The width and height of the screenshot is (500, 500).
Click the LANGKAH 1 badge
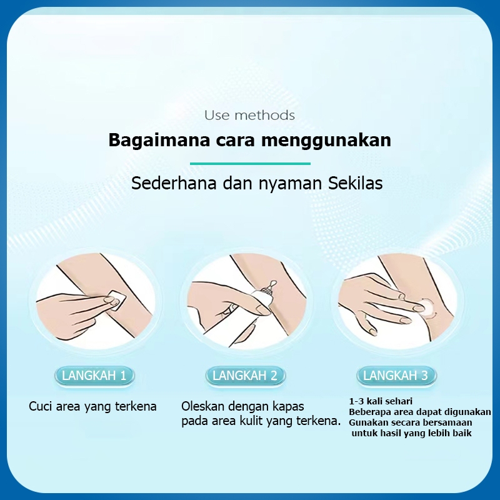94,376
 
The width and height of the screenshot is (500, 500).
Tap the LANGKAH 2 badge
245,376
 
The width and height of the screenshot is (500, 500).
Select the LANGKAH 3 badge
396,376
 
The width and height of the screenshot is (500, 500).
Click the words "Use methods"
249,115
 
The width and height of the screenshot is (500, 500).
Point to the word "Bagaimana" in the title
159,140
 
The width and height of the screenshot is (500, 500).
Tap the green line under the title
250,164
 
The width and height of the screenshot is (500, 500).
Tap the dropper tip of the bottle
273,283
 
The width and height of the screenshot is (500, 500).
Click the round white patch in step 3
425,307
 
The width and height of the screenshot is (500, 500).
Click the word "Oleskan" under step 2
202,407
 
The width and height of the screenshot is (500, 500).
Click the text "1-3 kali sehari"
381,401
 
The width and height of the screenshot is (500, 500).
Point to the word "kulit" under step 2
253,421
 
